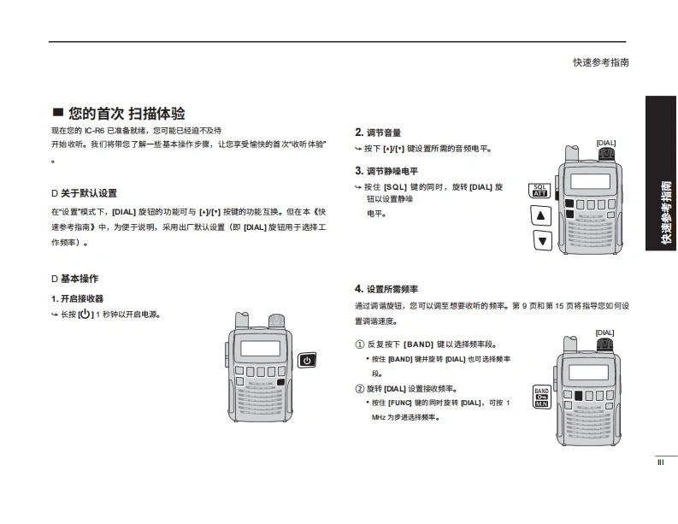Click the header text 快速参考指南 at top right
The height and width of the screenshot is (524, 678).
(601, 62)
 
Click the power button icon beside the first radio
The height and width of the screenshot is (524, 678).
(306, 360)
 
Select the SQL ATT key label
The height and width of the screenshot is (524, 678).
(539, 190)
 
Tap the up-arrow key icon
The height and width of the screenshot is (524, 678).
(540, 215)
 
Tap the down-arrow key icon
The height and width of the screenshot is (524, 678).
(540, 241)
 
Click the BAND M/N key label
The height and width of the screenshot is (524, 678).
(540, 397)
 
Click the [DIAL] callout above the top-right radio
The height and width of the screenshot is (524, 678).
(605, 143)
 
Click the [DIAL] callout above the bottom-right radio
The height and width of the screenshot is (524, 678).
(604, 333)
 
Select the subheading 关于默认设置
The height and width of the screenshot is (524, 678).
(88, 193)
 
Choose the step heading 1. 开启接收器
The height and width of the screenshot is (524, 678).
(77, 298)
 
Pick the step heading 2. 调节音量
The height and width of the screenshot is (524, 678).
(378, 132)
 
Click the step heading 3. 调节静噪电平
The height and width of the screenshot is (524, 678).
(386, 171)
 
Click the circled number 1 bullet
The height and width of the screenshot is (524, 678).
(360, 344)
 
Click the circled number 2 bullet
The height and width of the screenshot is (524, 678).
(360, 388)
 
